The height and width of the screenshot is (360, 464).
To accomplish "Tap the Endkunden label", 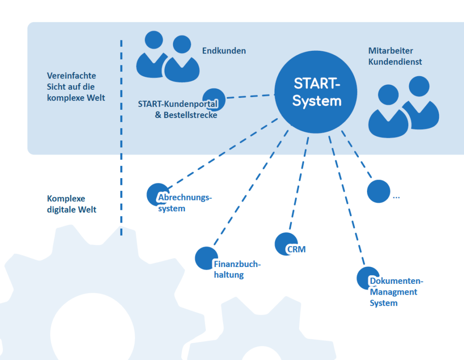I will click(x=224, y=51).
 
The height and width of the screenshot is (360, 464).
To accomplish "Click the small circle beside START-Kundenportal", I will click(x=213, y=98).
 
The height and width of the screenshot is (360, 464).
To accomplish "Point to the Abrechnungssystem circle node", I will click(x=157, y=194).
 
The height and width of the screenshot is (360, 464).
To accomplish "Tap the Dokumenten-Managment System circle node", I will click(x=367, y=277).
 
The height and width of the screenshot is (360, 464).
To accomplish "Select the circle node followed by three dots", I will click(x=378, y=191).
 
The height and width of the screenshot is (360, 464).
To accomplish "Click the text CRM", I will click(x=296, y=249).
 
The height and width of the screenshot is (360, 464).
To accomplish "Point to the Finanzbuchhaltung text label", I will click(x=237, y=270).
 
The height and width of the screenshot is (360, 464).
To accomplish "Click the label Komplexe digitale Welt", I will click(x=72, y=204).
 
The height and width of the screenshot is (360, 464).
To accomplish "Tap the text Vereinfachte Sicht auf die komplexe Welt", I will click(x=76, y=87).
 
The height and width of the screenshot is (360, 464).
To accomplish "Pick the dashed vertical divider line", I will click(x=121, y=136).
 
